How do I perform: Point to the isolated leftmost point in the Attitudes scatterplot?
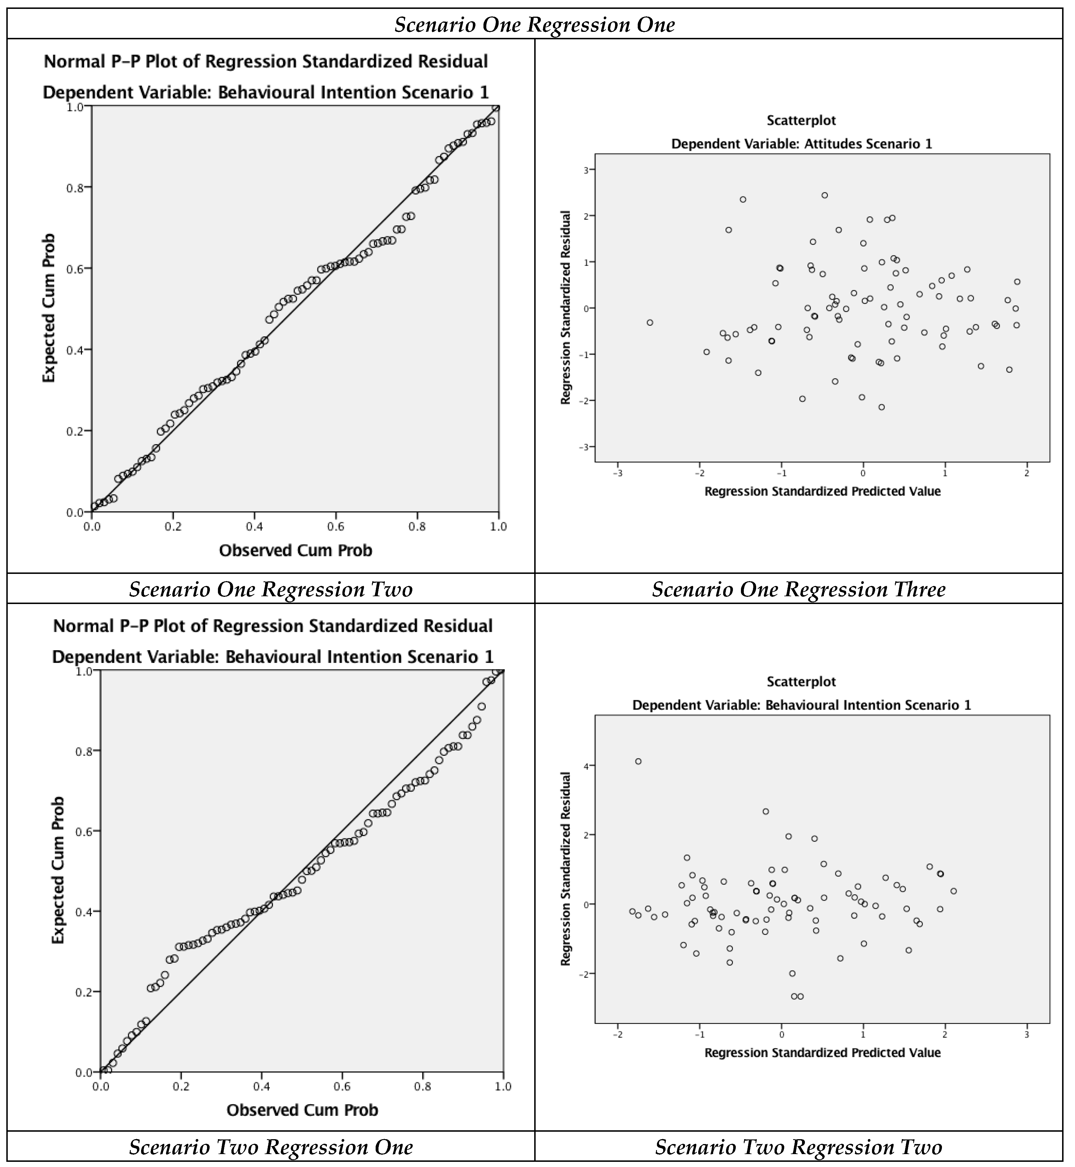pyautogui.click(x=650, y=323)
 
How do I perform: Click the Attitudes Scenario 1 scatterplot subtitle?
pyautogui.click(x=802, y=144)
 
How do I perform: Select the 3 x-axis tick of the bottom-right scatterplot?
pyautogui.click(x=1027, y=1034)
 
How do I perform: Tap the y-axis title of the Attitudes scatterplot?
pyautogui.click(x=565, y=308)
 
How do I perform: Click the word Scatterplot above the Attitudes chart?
pyautogui.click(x=801, y=121)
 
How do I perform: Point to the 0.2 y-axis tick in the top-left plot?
pyautogui.click(x=75, y=431)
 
